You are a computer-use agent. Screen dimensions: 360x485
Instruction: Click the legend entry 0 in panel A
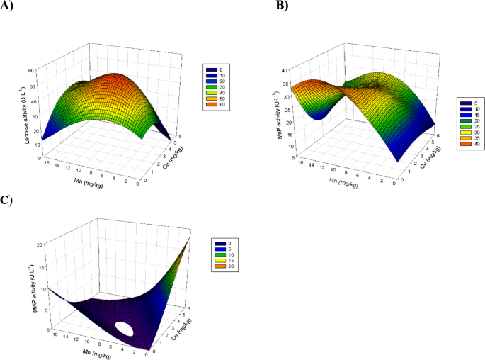point(217,70)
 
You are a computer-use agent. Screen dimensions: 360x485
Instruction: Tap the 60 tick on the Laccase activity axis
point(32,70)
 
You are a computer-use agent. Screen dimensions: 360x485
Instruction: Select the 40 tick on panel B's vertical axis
point(284,70)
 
